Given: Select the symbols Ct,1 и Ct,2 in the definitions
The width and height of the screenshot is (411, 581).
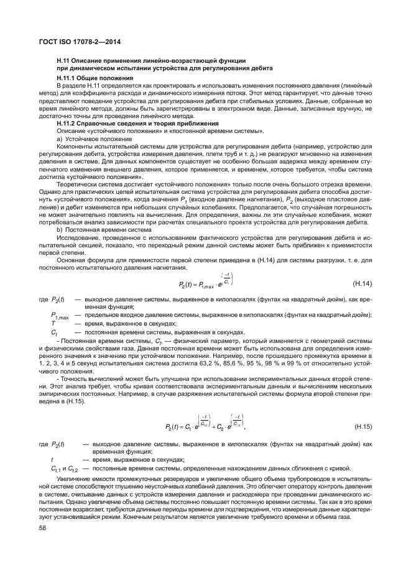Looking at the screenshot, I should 65,468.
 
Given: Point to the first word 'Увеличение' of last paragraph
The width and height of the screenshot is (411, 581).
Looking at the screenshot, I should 72,481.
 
